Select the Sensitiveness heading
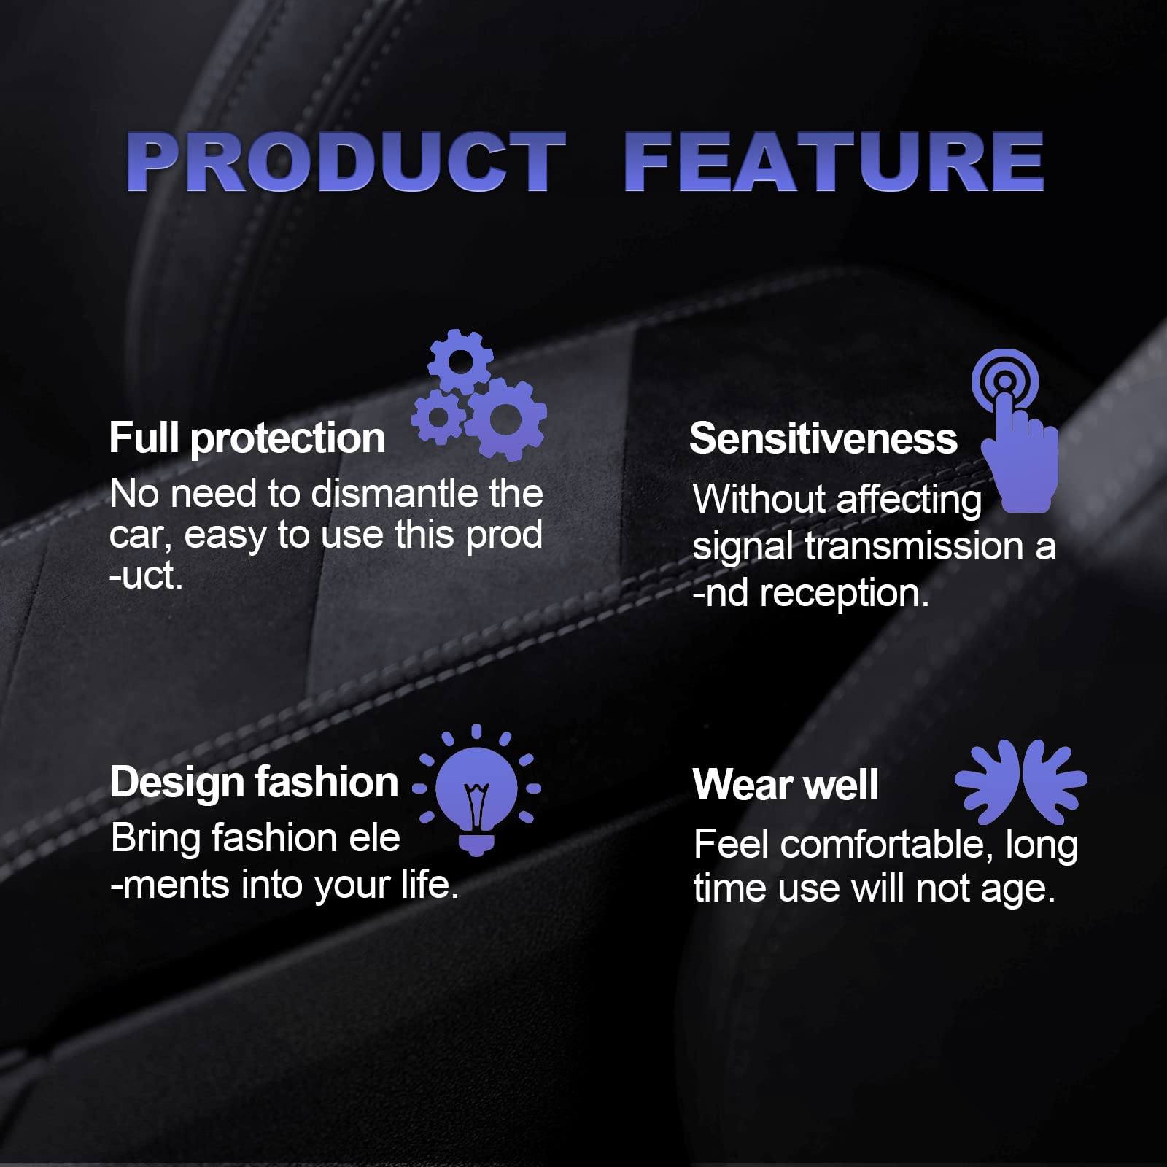click(823, 438)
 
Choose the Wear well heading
click(786, 785)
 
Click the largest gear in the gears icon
click(506, 419)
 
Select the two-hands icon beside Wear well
click(1021, 782)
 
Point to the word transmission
click(915, 546)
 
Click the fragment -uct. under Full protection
click(146, 576)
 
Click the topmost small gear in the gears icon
click(460, 360)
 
